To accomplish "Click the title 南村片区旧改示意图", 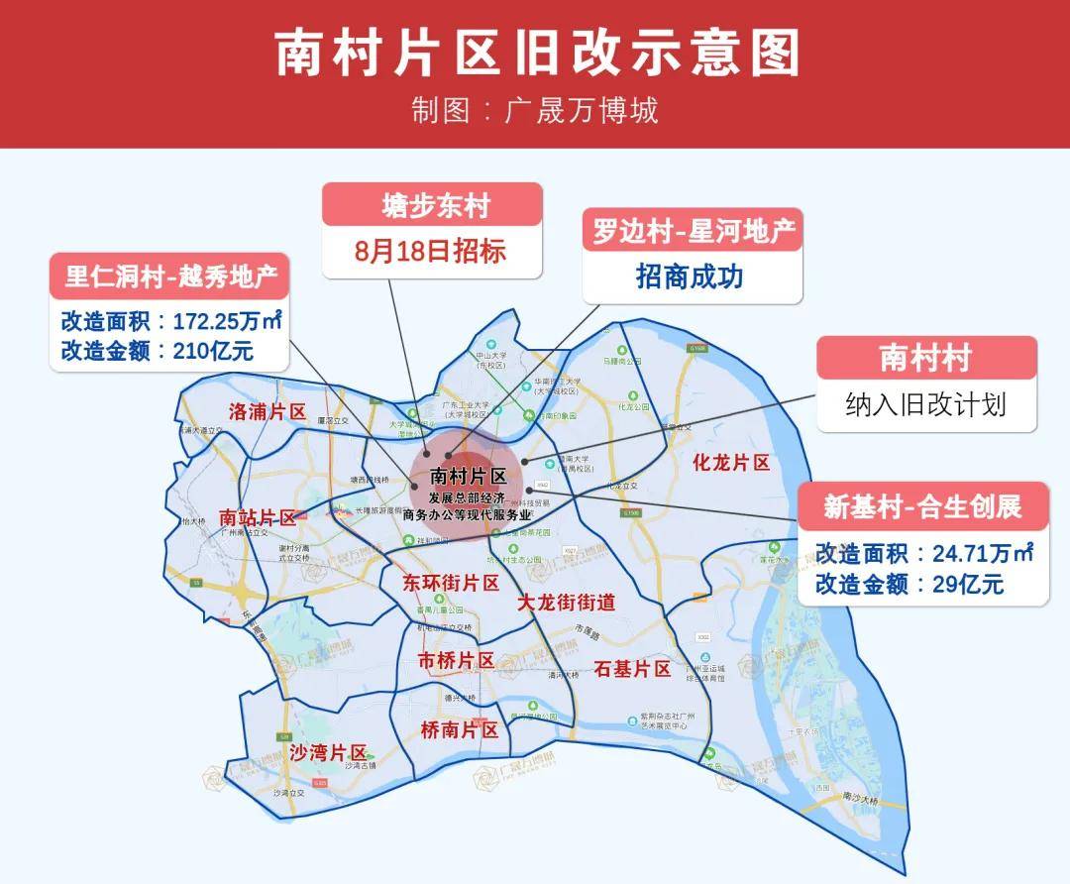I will (535, 52).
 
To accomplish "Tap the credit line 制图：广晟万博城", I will (535, 109).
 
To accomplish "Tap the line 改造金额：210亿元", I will (158, 350).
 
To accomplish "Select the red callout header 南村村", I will (926, 358).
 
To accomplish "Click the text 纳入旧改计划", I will (926, 404).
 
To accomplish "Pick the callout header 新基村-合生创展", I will (922, 506).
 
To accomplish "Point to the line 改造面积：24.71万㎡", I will (924, 553).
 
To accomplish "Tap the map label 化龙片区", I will (731, 463).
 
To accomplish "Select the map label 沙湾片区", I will (328, 753).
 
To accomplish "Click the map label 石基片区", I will (632, 669).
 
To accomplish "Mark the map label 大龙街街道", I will (567, 602).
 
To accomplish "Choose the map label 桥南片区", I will (459, 730).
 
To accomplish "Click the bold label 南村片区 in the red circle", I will (469, 476).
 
